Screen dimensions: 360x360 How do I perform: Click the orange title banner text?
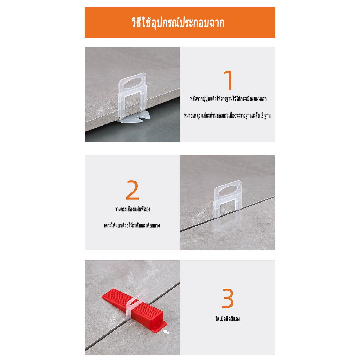tap(178, 23)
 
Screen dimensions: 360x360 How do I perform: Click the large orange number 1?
tap(229, 80)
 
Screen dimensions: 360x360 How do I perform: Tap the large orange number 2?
tap(132, 190)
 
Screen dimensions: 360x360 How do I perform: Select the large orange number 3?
tap(227, 298)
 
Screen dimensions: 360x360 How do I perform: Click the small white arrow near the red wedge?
tap(166, 332)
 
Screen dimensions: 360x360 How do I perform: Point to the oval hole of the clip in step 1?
tap(133, 83)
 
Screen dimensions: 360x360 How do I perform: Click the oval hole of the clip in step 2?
tap(228, 191)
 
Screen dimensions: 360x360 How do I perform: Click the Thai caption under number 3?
tap(227, 319)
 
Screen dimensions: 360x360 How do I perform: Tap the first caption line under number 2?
tap(133, 209)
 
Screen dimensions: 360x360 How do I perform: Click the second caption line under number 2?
tap(132, 225)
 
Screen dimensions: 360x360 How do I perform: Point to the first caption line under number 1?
tap(228, 99)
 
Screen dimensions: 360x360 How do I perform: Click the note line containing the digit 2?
tap(227, 115)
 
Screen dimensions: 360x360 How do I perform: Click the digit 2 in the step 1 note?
tap(262, 115)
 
